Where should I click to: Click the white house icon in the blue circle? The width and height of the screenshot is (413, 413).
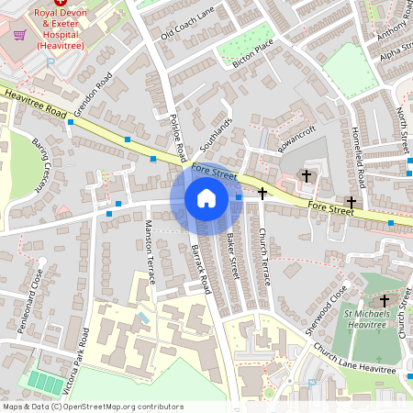(x=206, y=197)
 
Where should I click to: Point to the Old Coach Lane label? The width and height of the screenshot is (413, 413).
(x=186, y=22)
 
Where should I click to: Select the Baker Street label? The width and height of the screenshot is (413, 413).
(x=233, y=256)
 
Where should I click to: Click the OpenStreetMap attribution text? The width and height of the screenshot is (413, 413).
(x=92, y=406)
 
